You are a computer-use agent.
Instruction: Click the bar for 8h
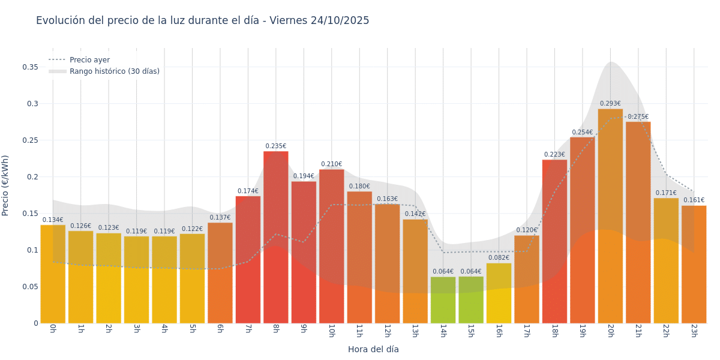pyautogui.click(x=276, y=237)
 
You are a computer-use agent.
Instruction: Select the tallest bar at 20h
pyautogui.click(x=610, y=216)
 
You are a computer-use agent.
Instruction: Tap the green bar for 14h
pyautogui.click(x=443, y=300)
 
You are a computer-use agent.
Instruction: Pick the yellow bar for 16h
pyautogui.click(x=499, y=293)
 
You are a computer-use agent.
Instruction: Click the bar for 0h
pyautogui.click(x=53, y=274)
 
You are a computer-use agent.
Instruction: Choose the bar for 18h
pyautogui.click(x=554, y=241)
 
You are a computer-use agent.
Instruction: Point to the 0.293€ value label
pyautogui.click(x=610, y=104)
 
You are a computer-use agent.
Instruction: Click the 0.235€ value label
pyautogui.click(x=276, y=146)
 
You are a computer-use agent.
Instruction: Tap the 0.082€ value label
pyautogui.click(x=499, y=258)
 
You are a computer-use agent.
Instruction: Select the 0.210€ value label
pyautogui.click(x=331, y=164)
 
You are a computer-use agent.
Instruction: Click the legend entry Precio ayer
pyautogui.click(x=89, y=60)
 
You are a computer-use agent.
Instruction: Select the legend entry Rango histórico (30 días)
pyautogui.click(x=114, y=71)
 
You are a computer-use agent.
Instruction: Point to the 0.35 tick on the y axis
pyautogui.click(x=31, y=67)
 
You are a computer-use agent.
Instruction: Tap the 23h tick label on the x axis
pyautogui.click(x=694, y=331)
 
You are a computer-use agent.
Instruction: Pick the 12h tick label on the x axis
pyautogui.click(x=387, y=331)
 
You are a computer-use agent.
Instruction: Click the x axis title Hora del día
pyautogui.click(x=373, y=349)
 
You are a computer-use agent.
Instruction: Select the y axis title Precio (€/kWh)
pyautogui.click(x=5, y=185)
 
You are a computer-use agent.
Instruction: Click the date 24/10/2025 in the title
pyautogui.click(x=340, y=21)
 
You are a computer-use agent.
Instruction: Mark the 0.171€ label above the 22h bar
pyautogui.click(x=666, y=193)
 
